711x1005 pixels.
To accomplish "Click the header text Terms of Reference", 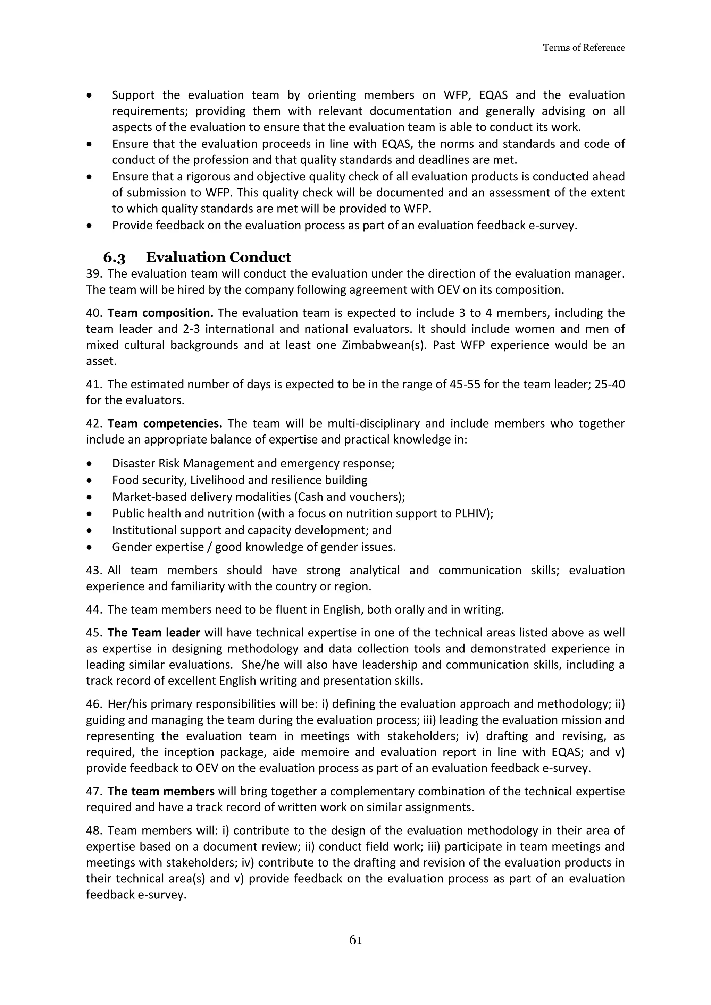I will pyautogui.click(x=584, y=48).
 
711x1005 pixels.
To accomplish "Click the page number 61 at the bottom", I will pyautogui.click(x=355, y=940).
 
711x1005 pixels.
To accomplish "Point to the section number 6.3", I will pyautogui.click(x=114, y=257).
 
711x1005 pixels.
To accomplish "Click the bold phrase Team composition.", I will pyautogui.click(x=160, y=313).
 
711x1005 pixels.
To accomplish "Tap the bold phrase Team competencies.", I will pyautogui.click(x=165, y=423).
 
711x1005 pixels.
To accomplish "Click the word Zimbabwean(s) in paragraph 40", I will pyautogui.click(x=387, y=345).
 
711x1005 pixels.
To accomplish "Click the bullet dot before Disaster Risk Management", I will pyautogui.click(x=90, y=464).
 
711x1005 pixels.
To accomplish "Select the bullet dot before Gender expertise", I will pyautogui.click(x=90, y=547).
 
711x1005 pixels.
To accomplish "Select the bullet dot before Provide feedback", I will pyautogui.click(x=90, y=226).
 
